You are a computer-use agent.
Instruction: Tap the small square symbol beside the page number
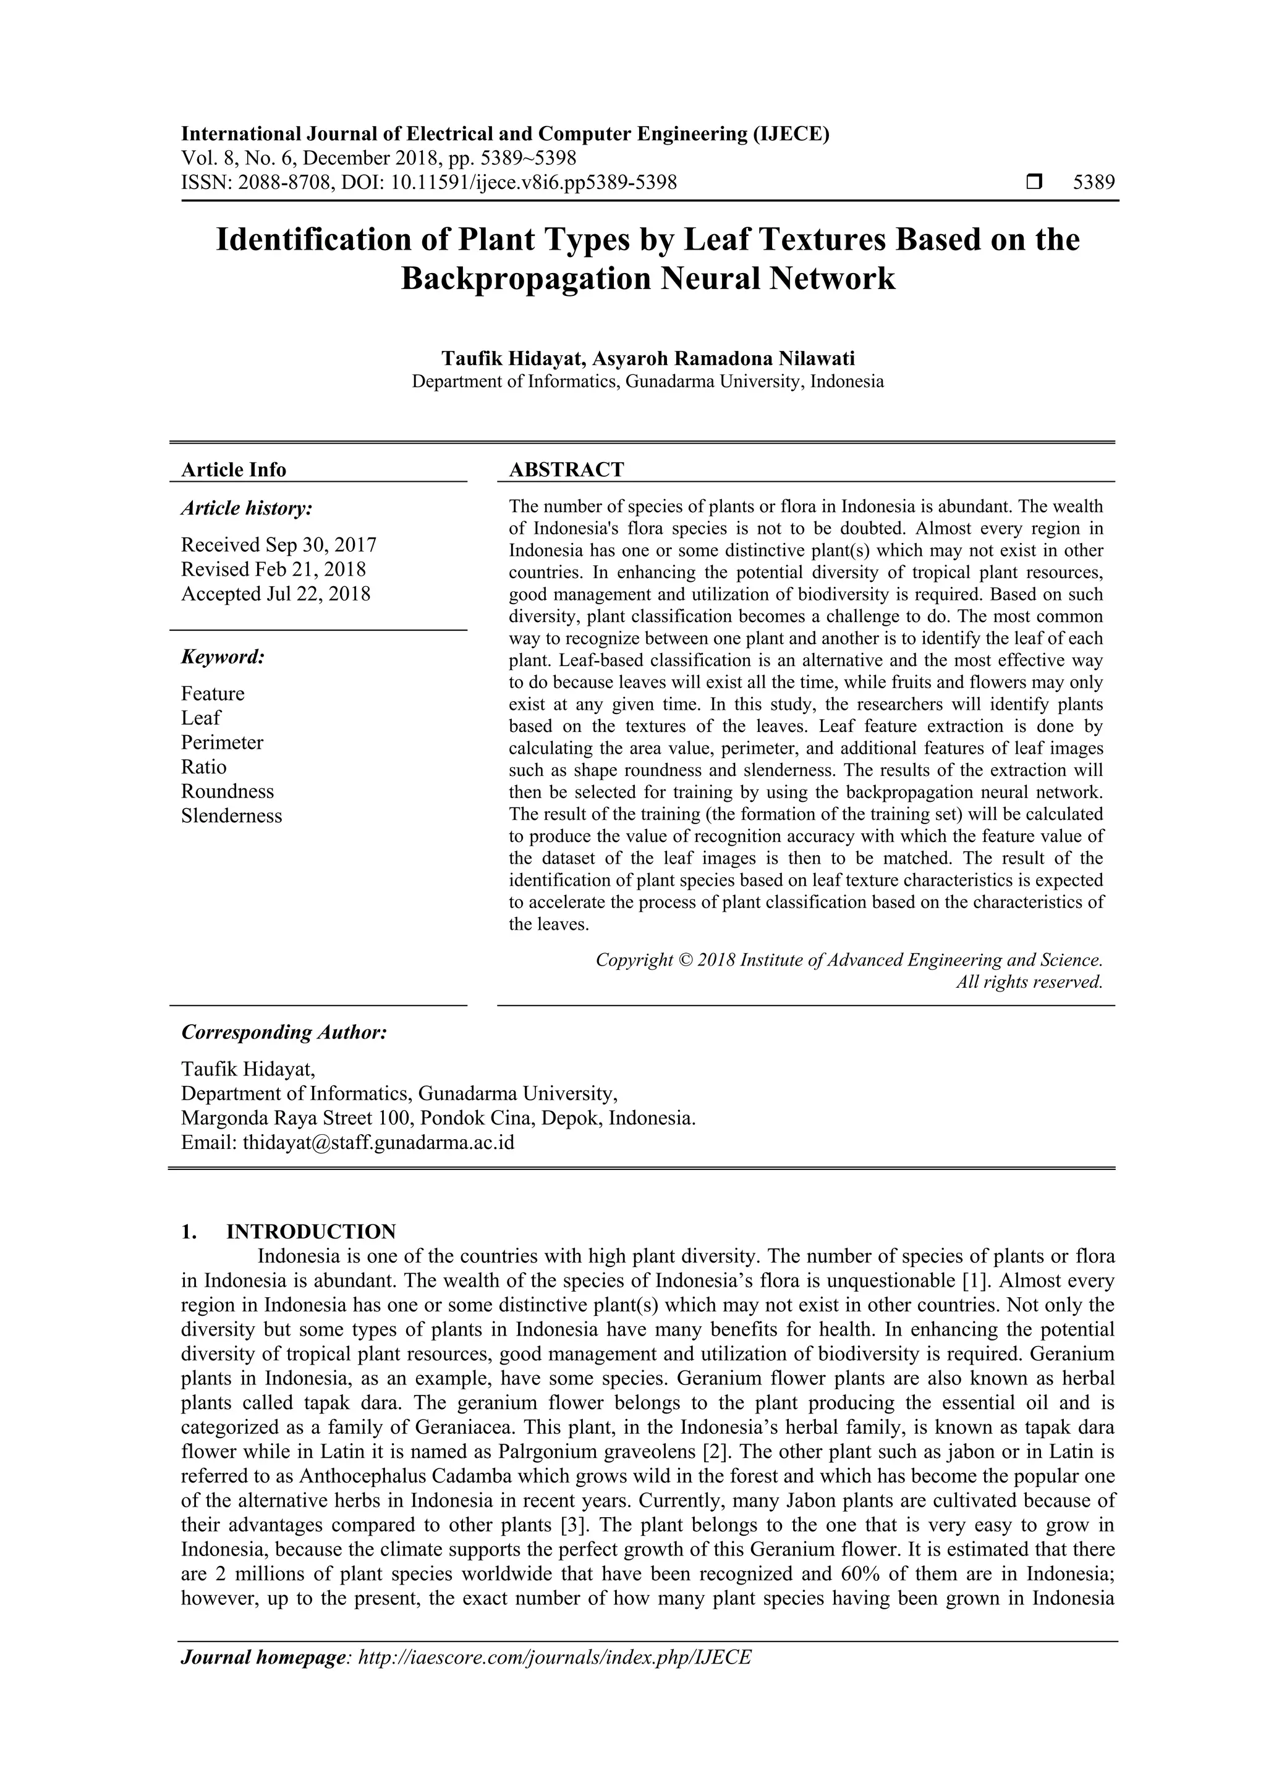click(1034, 183)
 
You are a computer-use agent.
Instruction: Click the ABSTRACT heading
click(566, 470)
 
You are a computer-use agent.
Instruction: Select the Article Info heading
click(233, 470)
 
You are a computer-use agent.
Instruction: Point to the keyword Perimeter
click(222, 743)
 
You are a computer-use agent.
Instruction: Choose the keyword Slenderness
click(232, 816)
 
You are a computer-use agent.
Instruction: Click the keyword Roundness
click(227, 792)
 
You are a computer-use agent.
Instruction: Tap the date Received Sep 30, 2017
click(278, 545)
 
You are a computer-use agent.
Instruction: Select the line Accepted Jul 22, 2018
click(275, 594)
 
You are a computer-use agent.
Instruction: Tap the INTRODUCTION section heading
click(310, 1232)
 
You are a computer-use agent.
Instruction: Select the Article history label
click(247, 509)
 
